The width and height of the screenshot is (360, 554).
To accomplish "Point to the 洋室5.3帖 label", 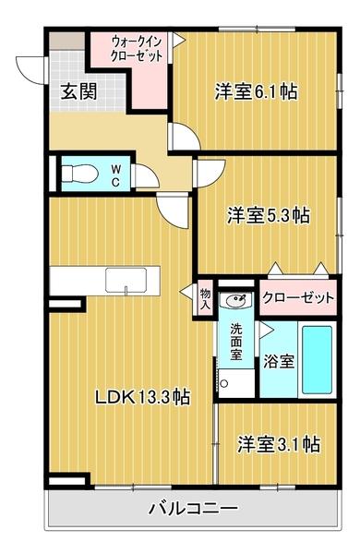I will (x=269, y=215).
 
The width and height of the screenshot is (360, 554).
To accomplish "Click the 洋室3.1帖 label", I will (x=278, y=444).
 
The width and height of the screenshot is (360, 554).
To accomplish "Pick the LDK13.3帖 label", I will (x=143, y=397).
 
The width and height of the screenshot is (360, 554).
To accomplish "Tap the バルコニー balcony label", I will (x=193, y=510).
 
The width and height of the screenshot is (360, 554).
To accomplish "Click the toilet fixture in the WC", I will (x=77, y=173).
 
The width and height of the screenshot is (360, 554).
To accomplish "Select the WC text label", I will (x=116, y=175).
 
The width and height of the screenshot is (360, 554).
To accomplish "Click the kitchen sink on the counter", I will (x=125, y=280).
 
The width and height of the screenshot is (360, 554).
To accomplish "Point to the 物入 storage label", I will (x=206, y=299).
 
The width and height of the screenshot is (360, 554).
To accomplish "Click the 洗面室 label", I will (x=236, y=343).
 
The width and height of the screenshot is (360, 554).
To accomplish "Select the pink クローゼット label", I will (x=297, y=298).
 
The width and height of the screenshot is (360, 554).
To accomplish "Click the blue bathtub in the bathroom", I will (x=317, y=360).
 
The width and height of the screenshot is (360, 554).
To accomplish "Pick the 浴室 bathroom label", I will (x=280, y=361).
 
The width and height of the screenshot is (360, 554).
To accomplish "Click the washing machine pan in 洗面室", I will (x=234, y=381).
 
